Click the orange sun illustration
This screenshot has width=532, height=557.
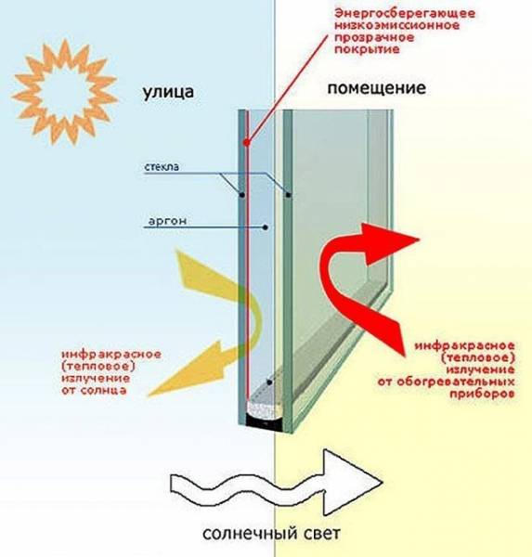pos(65,92)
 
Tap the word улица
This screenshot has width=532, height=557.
pos(168,92)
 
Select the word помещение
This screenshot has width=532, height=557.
pos(376,88)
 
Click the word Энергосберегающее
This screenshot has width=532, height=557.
pos(405,14)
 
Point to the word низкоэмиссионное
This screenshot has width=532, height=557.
pos(397,26)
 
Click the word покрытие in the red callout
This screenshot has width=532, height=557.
pos(367,49)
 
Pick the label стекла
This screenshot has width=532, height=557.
pos(162,167)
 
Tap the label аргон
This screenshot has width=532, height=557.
pos(167,221)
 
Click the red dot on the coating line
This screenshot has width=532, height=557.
pos(246,142)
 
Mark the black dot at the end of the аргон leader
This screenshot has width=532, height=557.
pos(266,227)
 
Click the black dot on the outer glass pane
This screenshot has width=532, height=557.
pos(241,195)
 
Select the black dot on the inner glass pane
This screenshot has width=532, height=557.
pos(288,195)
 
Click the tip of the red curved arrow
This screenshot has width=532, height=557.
pos(420,240)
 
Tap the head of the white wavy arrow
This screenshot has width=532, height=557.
pos(382,482)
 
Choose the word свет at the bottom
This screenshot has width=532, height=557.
pos(322,534)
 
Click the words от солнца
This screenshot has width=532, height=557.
pos(94,390)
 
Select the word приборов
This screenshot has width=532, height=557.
pos(482,395)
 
